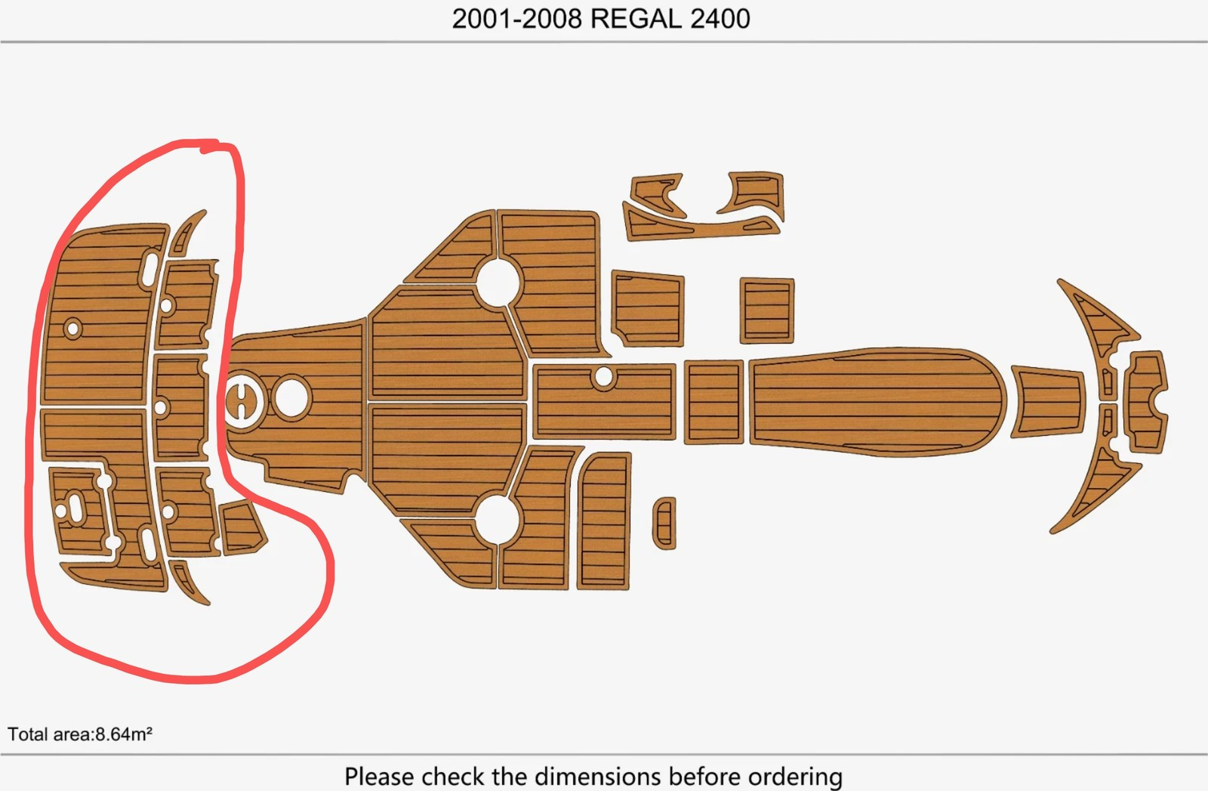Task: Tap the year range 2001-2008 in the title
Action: (516, 19)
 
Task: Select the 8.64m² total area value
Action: (124, 734)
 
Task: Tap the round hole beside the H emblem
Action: (291, 397)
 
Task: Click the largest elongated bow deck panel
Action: (877, 402)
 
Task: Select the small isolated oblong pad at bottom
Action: (664, 524)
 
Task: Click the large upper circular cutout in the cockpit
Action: (498, 283)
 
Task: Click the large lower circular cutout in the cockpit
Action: (498, 520)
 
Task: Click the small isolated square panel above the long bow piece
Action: (767, 311)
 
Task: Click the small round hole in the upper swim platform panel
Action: (72, 328)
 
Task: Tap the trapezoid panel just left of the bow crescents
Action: (1047, 402)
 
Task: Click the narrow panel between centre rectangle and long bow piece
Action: (714, 402)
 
